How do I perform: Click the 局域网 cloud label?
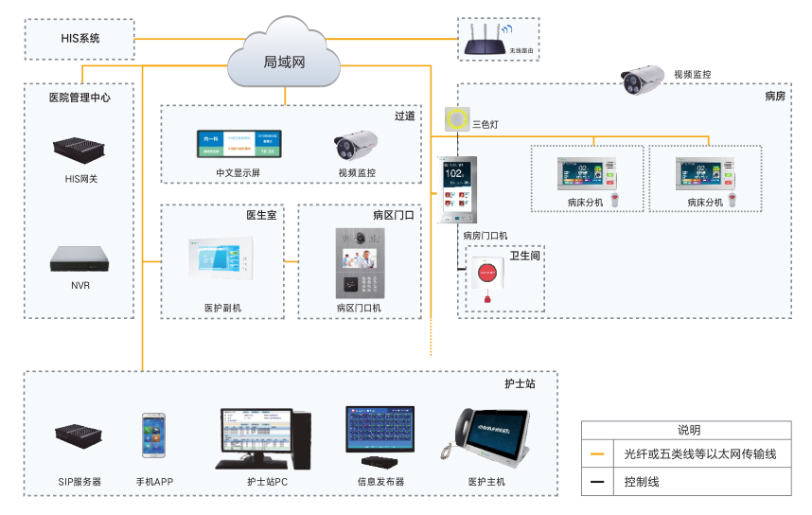point(284,62)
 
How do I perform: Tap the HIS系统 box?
point(80,39)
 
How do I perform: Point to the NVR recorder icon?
point(79,259)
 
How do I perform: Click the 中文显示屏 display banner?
point(240,143)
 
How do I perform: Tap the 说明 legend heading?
point(687,430)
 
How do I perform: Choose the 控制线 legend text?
point(642,482)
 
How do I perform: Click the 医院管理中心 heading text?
point(79,97)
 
